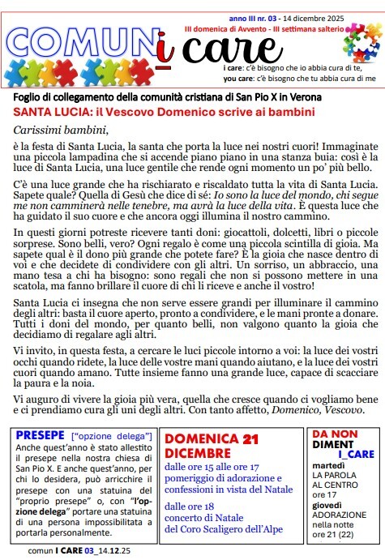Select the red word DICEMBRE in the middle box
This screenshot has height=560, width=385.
pos(199,452)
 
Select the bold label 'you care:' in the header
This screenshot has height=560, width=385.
pos(238,79)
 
